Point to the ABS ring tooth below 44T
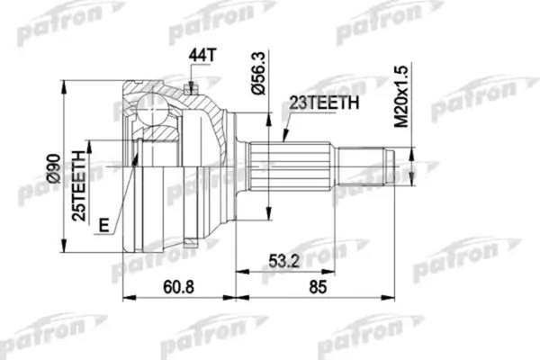[x=190, y=87]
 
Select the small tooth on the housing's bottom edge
[x=190, y=244]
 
